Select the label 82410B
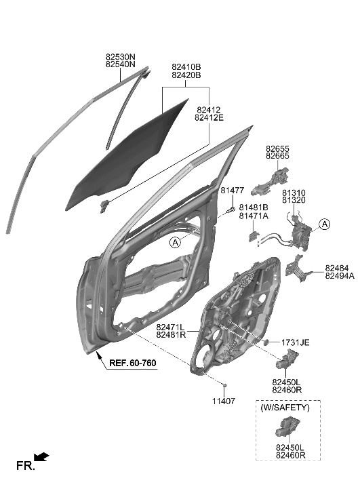point(186,66)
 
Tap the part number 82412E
point(209,117)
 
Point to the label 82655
point(277,148)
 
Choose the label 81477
point(233,191)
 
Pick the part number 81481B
point(254,206)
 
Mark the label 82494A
point(340,276)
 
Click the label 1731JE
point(296,342)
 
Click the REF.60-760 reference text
point(132,363)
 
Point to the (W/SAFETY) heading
point(285,408)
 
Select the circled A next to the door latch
point(325,224)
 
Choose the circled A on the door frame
point(175,243)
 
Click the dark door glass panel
point(129,156)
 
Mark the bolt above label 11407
point(223,385)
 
